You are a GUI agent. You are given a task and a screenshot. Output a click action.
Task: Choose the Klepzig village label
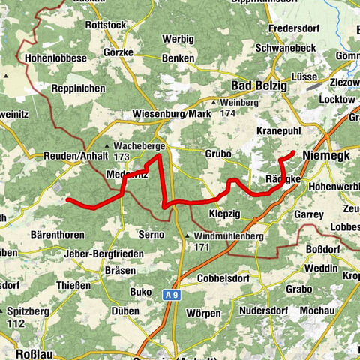226,213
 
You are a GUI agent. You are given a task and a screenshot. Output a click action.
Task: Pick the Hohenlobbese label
55,56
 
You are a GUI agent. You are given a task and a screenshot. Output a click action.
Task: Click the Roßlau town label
33,352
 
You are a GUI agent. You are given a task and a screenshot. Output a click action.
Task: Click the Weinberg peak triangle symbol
213,103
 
